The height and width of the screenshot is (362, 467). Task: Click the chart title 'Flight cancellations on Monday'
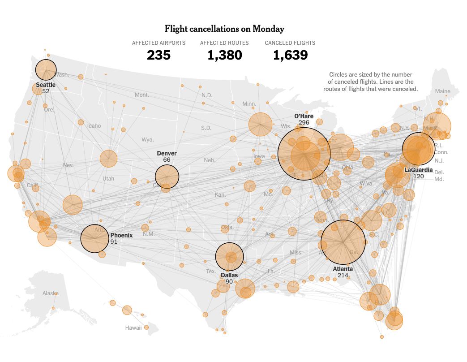(224, 29)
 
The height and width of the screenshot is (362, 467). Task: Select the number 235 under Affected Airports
(159, 55)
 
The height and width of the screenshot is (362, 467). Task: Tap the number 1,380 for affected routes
(224, 55)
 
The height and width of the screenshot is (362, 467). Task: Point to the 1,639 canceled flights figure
(290, 55)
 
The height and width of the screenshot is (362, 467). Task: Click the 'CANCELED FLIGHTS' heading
(290, 43)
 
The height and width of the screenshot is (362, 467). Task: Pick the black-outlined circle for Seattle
(46, 69)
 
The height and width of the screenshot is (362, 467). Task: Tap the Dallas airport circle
(229, 257)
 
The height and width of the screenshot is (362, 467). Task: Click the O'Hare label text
(304, 116)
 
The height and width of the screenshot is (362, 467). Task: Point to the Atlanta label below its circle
(343, 269)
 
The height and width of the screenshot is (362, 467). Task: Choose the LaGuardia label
(418, 170)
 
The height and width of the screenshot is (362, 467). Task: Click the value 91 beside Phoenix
(114, 241)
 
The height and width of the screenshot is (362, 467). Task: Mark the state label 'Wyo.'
(148, 140)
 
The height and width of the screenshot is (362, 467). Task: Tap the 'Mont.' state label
(142, 95)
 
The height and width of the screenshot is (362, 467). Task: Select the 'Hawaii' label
(133, 328)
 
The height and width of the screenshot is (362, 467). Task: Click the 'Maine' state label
(443, 91)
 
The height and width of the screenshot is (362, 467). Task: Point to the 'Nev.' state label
(68, 165)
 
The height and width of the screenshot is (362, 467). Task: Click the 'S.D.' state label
(206, 128)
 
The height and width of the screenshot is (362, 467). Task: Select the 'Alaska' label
(50, 293)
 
